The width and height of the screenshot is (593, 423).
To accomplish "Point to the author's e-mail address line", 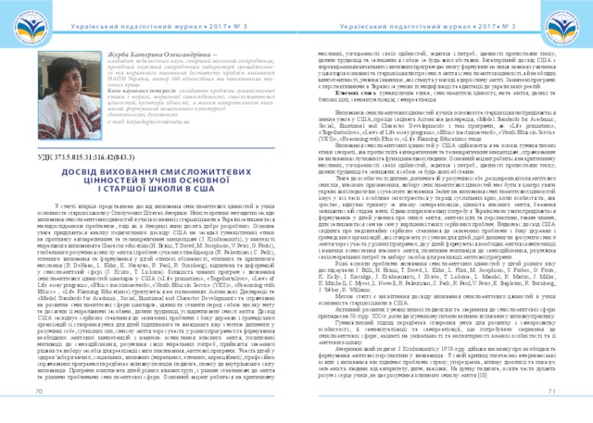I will pyautogui.click(x=139, y=118).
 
